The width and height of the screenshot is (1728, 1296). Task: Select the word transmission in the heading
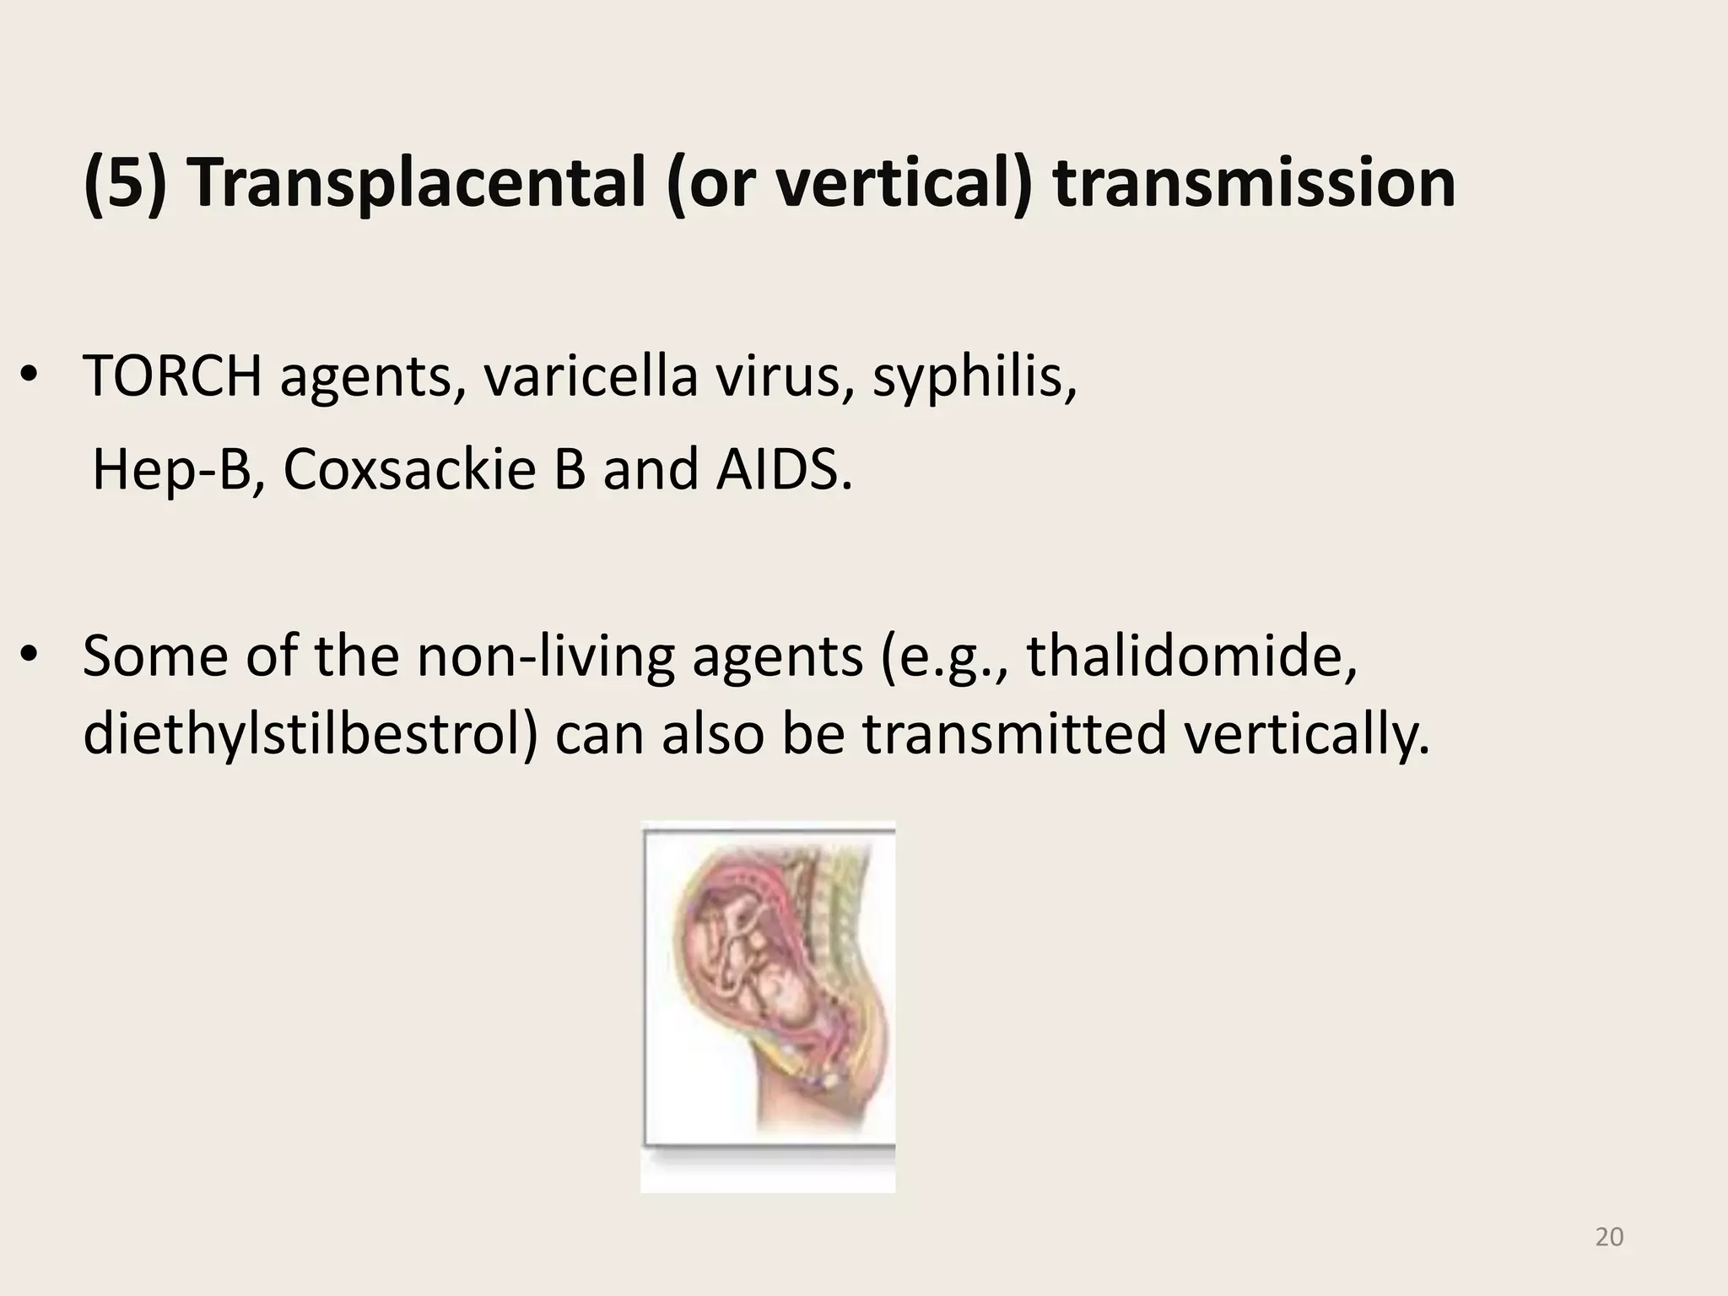[1254, 183]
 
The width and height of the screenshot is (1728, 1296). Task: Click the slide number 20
[1609, 1237]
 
